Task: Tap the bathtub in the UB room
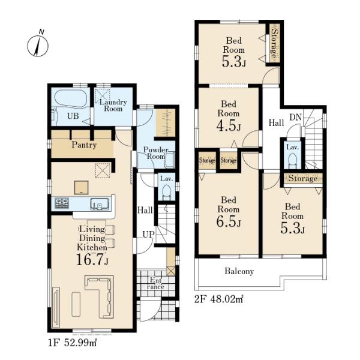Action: (x=71, y=98)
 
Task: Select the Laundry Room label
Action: (x=113, y=105)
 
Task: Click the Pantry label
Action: (x=84, y=145)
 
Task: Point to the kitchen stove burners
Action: (x=62, y=203)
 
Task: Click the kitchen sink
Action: (x=99, y=204)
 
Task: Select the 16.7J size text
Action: (x=92, y=259)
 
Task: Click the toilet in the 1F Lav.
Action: (x=166, y=192)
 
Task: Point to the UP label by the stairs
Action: (x=148, y=235)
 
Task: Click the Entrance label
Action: (x=156, y=283)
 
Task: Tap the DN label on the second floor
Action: (x=295, y=118)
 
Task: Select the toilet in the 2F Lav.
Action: (x=293, y=160)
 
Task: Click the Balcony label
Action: (x=239, y=271)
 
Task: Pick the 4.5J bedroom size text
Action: (x=229, y=125)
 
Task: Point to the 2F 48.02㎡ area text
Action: (x=219, y=299)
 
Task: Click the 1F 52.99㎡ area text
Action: (x=72, y=343)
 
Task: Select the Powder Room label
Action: (x=156, y=153)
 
